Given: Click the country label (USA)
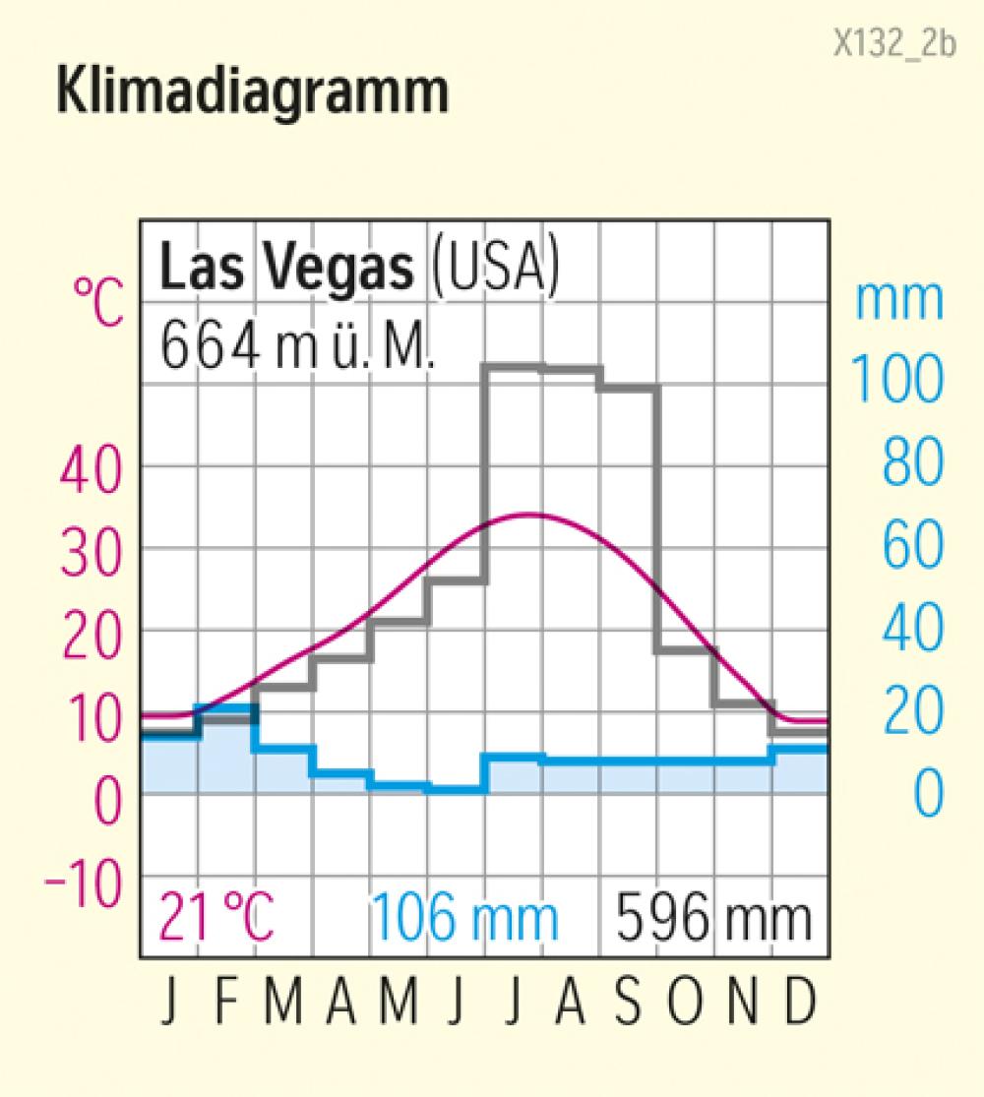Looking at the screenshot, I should (x=495, y=268).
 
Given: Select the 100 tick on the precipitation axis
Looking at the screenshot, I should (x=895, y=378).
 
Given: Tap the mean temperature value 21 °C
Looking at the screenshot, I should (x=216, y=918).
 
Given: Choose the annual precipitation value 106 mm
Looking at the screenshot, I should (x=464, y=918).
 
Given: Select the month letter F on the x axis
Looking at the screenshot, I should (x=227, y=1003).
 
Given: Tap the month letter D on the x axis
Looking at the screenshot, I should (x=800, y=1003).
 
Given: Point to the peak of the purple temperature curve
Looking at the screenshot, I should (x=531, y=515).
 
